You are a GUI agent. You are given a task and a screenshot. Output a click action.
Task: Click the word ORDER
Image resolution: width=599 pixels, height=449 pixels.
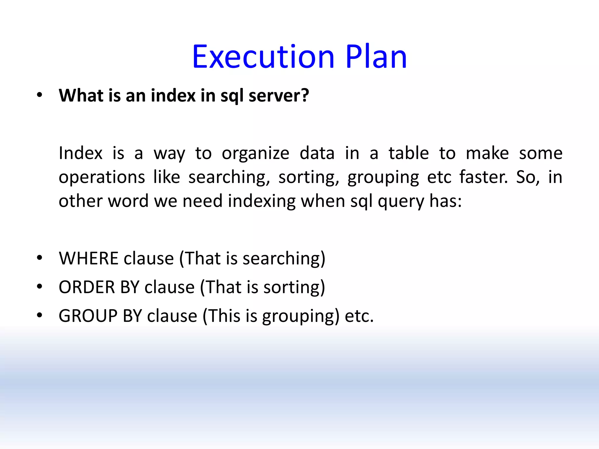click(x=87, y=287)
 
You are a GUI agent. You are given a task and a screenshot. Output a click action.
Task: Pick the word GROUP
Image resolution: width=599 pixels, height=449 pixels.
click(x=88, y=316)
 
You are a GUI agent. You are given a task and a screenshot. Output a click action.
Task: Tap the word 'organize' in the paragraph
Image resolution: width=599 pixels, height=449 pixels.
click(x=255, y=154)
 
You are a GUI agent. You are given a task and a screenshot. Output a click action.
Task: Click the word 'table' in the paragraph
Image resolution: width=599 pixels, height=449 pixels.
click(x=409, y=153)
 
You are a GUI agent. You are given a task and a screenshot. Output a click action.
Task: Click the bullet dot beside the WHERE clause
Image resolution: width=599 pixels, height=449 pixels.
click(x=40, y=258)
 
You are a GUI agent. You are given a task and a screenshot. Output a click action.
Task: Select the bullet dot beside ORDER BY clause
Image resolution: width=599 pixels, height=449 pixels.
click(x=40, y=286)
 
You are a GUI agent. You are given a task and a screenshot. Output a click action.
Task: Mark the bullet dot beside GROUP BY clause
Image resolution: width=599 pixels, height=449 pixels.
click(x=40, y=315)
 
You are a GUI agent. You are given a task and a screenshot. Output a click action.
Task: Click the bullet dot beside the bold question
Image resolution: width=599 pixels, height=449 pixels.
click(x=40, y=95)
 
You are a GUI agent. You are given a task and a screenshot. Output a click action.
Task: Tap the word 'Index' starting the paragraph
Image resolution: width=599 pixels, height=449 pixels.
click(x=80, y=153)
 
